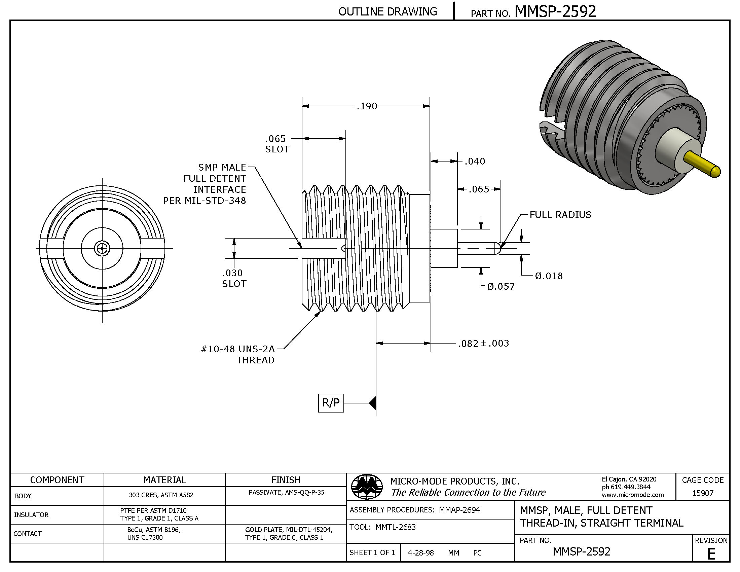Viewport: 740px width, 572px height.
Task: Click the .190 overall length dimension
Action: point(367,106)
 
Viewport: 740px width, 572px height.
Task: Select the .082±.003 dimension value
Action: point(483,344)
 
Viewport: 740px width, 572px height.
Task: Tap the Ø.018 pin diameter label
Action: point(549,276)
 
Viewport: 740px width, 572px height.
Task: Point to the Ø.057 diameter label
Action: point(501,287)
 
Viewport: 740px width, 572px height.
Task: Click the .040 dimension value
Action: point(475,161)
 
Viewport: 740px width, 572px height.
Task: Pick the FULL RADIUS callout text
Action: point(560,215)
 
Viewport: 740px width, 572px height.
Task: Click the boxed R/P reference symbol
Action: point(331,403)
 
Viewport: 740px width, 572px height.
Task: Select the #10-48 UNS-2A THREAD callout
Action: point(238,354)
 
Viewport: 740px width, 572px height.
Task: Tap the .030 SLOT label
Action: point(234,278)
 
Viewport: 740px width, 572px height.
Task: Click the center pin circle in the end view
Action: point(102,248)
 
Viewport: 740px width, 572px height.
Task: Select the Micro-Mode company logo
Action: point(367,487)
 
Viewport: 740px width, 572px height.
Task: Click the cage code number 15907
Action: point(703,493)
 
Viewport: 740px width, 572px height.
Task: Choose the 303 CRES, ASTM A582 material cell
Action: point(161,495)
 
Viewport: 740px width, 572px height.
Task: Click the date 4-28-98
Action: point(420,553)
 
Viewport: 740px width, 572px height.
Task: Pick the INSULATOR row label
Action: point(31,515)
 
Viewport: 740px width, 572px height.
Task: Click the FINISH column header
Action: point(285,480)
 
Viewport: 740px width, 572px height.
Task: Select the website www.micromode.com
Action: point(633,495)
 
